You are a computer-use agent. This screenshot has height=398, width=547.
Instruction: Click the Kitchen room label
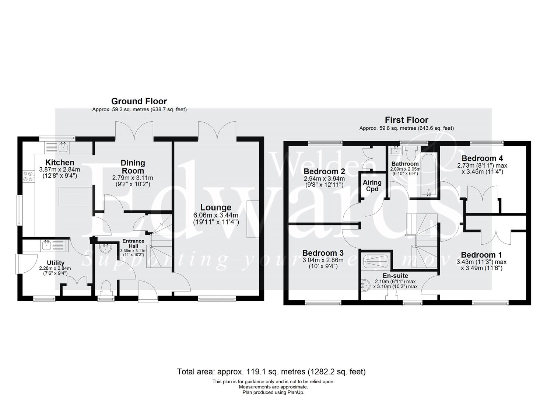tap(60, 163)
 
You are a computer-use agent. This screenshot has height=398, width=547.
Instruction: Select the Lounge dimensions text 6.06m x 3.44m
tap(216, 216)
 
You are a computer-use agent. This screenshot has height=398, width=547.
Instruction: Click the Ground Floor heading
tap(139, 101)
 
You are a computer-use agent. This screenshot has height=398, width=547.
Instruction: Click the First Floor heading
tap(406, 120)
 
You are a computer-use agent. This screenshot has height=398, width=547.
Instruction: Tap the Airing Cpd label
tap(372, 186)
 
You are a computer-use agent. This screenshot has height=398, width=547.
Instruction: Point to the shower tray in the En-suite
tap(375, 261)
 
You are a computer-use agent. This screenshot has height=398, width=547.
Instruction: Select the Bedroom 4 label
tap(480, 159)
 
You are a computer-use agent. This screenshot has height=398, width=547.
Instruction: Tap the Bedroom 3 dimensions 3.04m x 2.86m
tap(323, 260)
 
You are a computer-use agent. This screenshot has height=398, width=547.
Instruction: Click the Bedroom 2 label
tap(324, 171)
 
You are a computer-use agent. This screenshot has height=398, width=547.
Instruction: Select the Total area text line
tap(271, 371)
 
